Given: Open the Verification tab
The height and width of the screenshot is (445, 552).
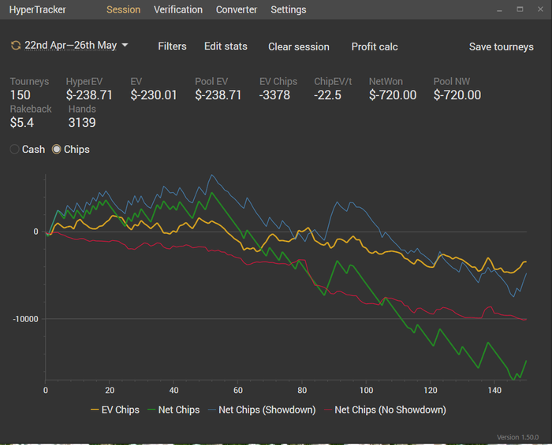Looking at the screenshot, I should point(178,9).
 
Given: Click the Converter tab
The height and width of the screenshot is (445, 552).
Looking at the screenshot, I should point(237,9).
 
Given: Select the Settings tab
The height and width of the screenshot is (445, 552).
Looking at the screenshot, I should point(289,9).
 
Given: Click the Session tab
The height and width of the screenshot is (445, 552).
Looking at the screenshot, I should point(123,9).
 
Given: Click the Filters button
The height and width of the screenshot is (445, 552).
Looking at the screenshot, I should point(172,46).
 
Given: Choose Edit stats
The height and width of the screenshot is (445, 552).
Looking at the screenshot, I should point(226,46).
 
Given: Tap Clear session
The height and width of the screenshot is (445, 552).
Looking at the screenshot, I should point(299,46).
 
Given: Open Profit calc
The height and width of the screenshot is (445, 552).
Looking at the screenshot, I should point(375,46).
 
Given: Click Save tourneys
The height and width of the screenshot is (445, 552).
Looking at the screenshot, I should point(501,46).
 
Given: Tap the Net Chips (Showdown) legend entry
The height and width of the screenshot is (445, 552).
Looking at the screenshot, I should point(262,410).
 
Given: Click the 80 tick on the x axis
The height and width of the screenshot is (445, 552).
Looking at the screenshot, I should point(302,391).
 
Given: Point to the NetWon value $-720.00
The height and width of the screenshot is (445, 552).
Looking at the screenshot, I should point(393,95).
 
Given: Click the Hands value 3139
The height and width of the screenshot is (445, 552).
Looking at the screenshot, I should point(82,123).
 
